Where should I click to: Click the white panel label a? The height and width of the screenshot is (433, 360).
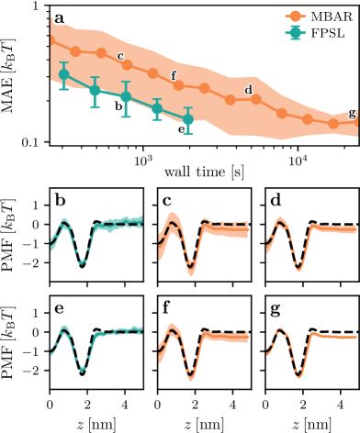[60, 17]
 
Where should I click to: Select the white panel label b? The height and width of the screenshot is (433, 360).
[60, 200]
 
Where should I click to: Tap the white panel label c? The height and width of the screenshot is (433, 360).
[167, 200]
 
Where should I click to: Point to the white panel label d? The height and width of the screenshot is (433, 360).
[275, 200]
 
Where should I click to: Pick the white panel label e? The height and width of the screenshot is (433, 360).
[60, 308]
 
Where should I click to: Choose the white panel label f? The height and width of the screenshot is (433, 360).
[167, 308]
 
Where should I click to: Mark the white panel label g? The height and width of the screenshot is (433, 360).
[275, 308]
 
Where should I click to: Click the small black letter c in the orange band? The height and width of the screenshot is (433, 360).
[120, 56]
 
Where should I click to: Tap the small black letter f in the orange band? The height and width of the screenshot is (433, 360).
[174, 75]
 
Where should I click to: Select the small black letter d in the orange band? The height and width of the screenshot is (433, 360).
[248, 89]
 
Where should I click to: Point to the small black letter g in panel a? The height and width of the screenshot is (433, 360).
[352, 113]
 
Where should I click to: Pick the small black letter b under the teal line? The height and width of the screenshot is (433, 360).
[118, 106]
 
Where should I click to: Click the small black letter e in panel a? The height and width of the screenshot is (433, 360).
[183, 129]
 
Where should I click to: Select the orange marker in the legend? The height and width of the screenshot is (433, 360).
[295, 17]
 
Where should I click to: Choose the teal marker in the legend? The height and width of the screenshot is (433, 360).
[295, 32]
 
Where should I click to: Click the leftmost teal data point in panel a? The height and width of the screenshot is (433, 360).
[63, 74]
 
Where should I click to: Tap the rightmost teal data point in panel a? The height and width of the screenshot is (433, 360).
[188, 120]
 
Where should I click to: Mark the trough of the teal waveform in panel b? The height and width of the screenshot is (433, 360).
[83, 262]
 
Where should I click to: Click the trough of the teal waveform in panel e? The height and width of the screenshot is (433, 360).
[84, 369]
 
